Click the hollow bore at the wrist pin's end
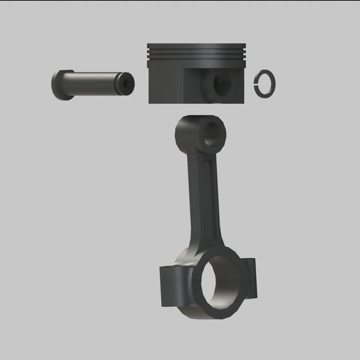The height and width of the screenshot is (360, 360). pos(127,84)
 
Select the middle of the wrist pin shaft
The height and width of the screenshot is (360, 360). pos(91,83)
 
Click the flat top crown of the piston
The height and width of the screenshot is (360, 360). pos(197,45)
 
